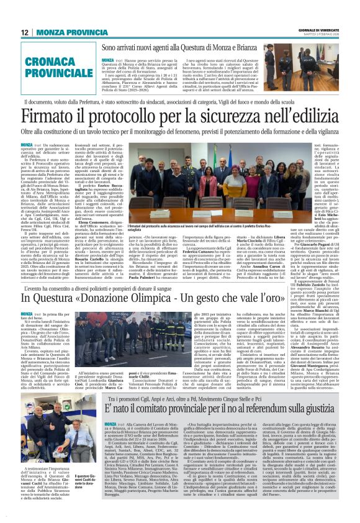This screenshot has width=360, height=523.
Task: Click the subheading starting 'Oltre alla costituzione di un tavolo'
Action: click(179, 132)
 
